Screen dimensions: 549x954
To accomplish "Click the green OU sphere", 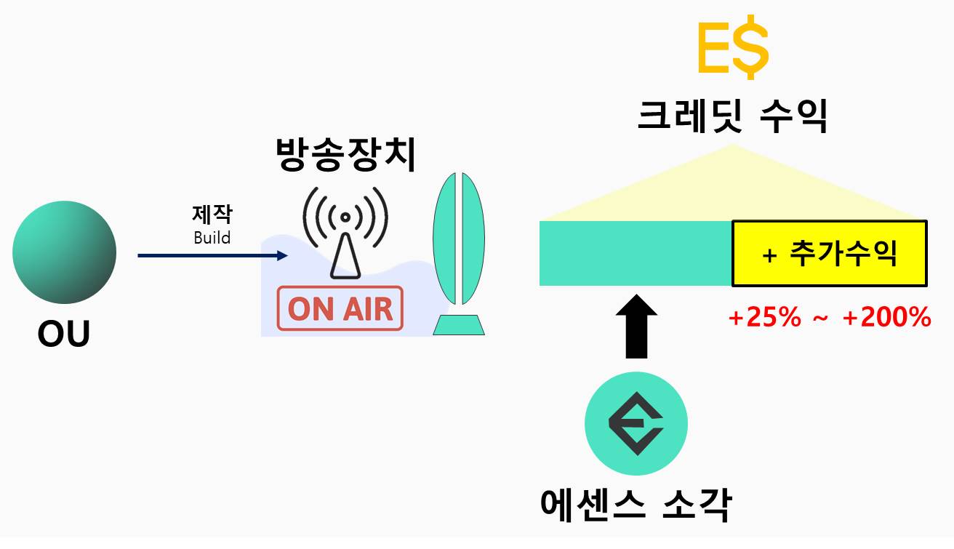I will (64, 252).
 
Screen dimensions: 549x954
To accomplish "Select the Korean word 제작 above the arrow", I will (212, 215).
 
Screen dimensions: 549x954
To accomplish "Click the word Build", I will (212, 238).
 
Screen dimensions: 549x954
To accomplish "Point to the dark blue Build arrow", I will (211, 255).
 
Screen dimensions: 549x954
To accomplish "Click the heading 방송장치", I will (345, 155).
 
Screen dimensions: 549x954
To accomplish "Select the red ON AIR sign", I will (340, 308).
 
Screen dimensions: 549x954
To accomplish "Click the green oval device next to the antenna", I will (458, 239).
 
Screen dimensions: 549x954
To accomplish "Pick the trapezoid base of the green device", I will (458, 324).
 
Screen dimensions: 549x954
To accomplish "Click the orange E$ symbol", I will (731, 49).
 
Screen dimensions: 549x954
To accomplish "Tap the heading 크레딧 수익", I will (731, 116).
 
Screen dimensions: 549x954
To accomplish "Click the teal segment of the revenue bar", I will (635, 253).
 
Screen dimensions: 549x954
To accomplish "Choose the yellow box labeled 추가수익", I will (829, 253).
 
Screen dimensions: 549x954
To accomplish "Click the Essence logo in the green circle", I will (636, 423).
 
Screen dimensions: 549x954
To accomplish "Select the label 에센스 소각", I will (636, 503).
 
